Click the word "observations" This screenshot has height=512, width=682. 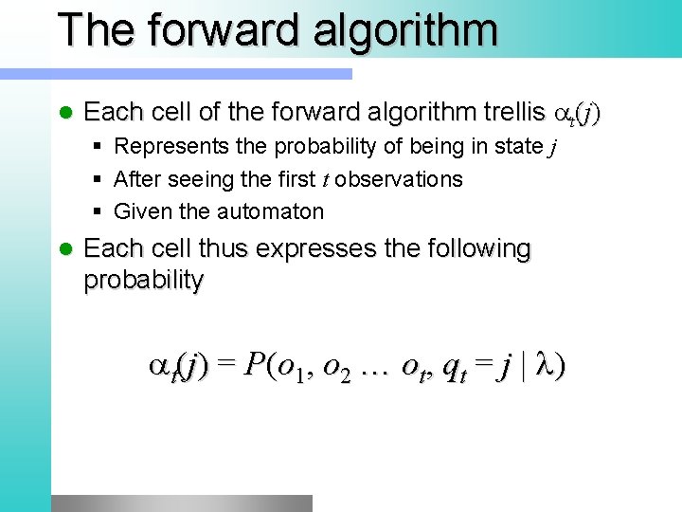pyautogui.click(x=399, y=179)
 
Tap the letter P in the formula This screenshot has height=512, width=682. pyautogui.click(x=253, y=366)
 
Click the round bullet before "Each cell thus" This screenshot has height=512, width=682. pyautogui.click(x=65, y=249)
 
